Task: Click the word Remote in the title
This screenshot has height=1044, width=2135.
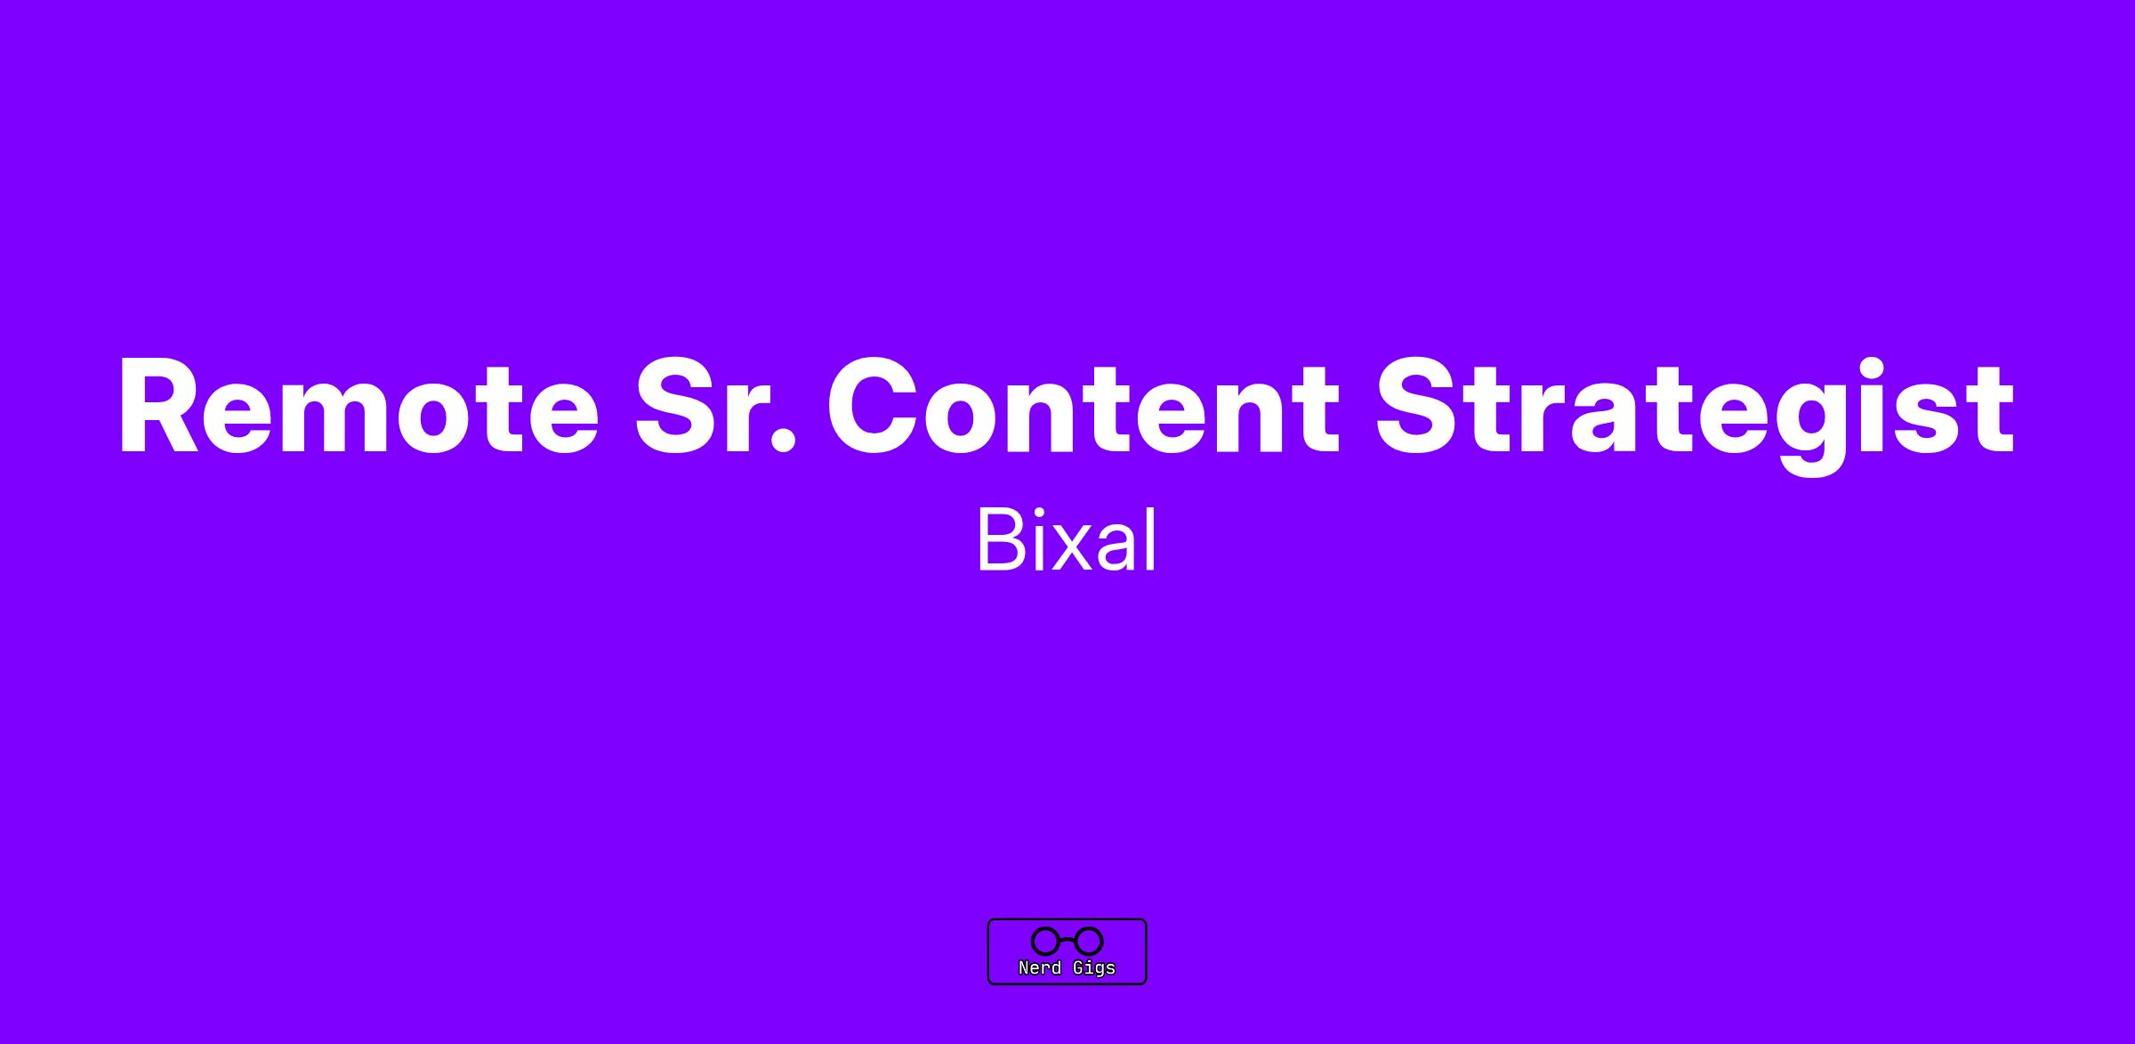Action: click(359, 406)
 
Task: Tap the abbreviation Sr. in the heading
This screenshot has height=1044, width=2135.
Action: click(715, 406)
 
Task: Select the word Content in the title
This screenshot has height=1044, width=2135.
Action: click(1084, 406)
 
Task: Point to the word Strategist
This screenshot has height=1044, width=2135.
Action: click(1696, 415)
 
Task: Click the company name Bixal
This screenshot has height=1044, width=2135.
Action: click(1067, 540)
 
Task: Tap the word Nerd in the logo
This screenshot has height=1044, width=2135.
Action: click(1040, 967)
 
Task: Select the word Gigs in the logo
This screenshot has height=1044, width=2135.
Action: click(1094, 968)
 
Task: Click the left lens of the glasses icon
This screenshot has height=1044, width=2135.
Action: click(1045, 941)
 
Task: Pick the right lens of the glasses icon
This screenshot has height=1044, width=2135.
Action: click(1090, 941)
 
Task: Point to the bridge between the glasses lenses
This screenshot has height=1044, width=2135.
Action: click(1067, 940)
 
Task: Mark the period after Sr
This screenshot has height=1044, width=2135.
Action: click(782, 442)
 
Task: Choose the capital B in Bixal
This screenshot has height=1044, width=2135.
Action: click(1001, 540)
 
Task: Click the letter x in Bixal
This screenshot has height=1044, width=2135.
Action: click(1067, 548)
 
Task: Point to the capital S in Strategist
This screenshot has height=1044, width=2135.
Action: click(1418, 406)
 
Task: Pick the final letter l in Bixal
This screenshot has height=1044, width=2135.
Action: click(1153, 539)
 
